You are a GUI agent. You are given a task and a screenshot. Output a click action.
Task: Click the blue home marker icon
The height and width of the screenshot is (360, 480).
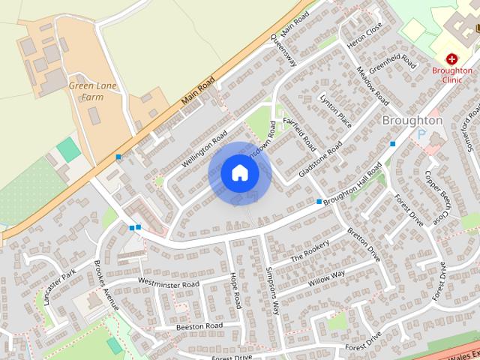pos(239,173)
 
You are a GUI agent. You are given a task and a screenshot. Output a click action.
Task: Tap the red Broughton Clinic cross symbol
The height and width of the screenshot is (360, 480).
pos(452,58)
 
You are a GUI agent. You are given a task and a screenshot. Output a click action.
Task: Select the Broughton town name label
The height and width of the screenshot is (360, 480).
pos(412,120)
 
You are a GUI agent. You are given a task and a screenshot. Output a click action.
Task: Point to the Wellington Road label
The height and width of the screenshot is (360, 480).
pos(203,148)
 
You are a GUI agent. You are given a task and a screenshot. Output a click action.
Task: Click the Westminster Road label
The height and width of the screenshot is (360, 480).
pos(169,284)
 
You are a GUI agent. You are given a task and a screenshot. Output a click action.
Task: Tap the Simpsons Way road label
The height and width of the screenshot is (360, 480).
pos(271,289)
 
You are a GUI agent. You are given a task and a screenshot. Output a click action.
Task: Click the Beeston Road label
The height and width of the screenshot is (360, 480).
pos(199,326)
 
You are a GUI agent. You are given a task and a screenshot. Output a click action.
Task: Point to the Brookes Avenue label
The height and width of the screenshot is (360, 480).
pos(106,285)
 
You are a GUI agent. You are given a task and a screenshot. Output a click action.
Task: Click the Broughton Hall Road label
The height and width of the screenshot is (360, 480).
pos(353,181)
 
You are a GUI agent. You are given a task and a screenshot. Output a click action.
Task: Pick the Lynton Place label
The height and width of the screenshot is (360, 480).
pos(335,110)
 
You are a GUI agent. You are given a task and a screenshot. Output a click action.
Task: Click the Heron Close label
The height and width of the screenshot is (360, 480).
pos(365,35)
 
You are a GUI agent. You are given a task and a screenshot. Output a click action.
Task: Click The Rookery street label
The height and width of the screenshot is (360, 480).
pos(309,248)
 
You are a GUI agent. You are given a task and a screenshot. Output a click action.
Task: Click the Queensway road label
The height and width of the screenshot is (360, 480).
pos(284,50)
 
